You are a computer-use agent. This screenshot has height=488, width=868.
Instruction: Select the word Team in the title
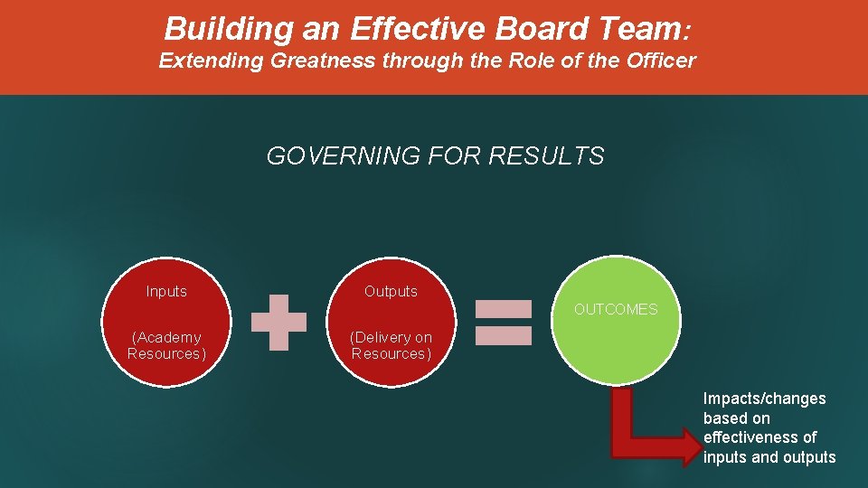(638, 29)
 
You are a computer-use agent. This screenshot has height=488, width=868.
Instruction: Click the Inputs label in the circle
(166, 291)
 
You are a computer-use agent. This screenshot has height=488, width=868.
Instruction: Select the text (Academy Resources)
(166, 345)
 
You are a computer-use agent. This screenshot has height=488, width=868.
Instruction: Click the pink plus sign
(278, 322)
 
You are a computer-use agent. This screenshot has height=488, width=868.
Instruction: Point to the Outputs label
(391, 291)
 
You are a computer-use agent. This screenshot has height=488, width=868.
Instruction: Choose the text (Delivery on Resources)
(391, 345)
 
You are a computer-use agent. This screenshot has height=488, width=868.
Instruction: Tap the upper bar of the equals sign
(504, 309)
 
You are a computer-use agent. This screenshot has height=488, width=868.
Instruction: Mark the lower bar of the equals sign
(504, 335)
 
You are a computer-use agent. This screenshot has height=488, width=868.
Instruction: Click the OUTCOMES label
(616, 309)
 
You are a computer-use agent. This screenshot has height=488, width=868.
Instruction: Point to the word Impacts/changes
(765, 399)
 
